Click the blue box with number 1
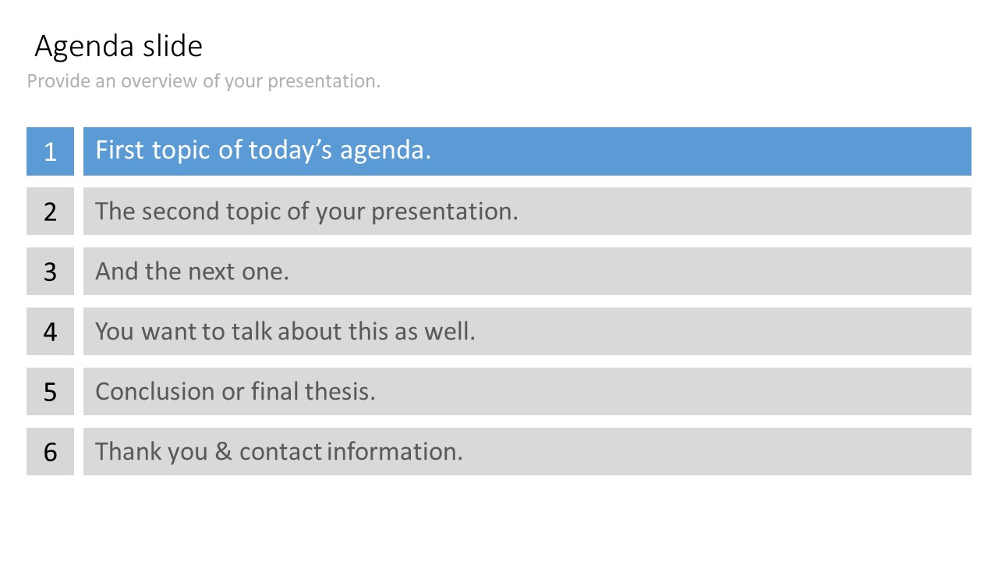click(50, 151)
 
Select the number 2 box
click(50, 211)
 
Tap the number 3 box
click(50, 271)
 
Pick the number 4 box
click(50, 332)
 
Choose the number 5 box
click(50, 392)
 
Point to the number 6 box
click(50, 451)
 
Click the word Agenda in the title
click(84, 48)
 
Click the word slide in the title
click(173, 45)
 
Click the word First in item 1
click(119, 150)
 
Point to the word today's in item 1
click(290, 151)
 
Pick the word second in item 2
click(180, 212)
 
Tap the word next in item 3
click(211, 272)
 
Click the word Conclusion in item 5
click(155, 392)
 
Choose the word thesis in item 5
click(340, 392)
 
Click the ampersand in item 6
click(224, 451)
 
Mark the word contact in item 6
click(281, 452)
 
